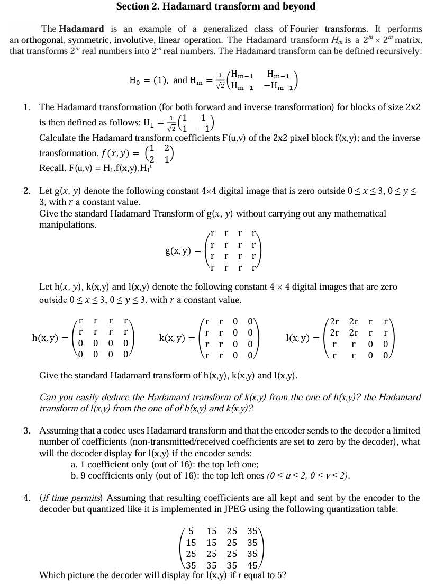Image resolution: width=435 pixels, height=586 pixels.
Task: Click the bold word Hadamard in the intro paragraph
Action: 78,29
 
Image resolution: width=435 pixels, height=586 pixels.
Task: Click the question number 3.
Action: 26,430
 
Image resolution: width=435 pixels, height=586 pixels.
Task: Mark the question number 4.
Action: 26,498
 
